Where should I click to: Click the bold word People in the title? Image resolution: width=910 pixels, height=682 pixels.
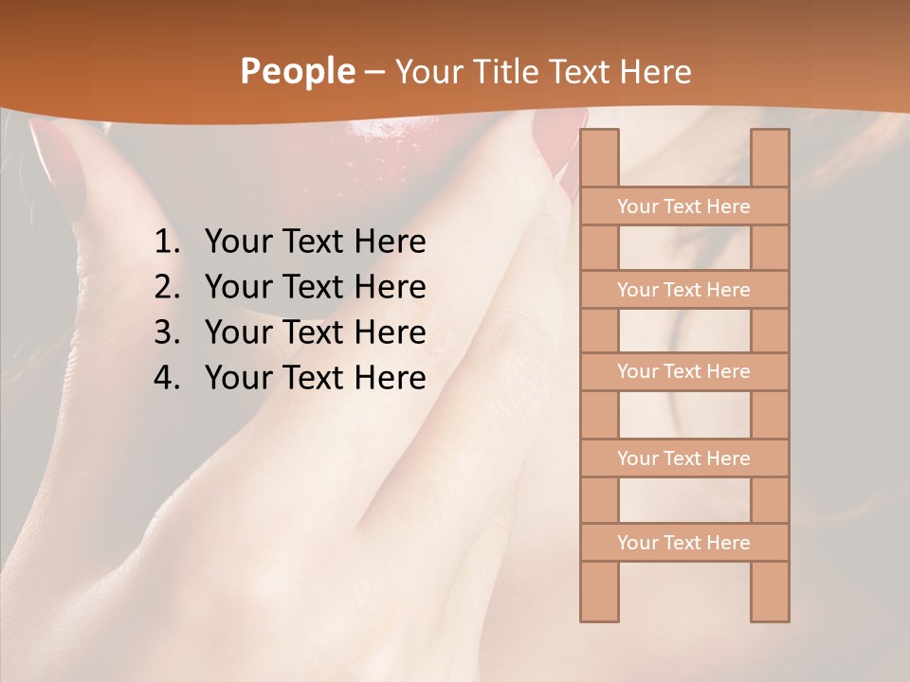pos(297,72)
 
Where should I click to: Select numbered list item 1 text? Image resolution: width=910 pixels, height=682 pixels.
pos(315,242)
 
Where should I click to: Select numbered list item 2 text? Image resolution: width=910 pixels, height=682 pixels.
pos(315,287)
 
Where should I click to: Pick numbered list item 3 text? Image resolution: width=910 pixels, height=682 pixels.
pos(315,332)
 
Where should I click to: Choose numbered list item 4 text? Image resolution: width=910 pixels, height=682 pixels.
pos(315,378)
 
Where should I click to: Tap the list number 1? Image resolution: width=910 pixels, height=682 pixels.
pos(166,242)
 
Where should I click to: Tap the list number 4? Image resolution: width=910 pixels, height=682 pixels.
pos(166,378)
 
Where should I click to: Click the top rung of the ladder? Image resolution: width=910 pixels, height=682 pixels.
pos(683,206)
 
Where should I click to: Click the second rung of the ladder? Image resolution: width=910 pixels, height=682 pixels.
pos(683,290)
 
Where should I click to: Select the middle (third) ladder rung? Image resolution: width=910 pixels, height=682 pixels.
pos(683,371)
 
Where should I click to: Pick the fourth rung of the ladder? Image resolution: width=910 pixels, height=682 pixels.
pos(683,458)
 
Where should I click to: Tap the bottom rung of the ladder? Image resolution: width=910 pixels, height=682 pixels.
pos(683,543)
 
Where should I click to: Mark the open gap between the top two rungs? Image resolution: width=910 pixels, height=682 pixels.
pos(684,248)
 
